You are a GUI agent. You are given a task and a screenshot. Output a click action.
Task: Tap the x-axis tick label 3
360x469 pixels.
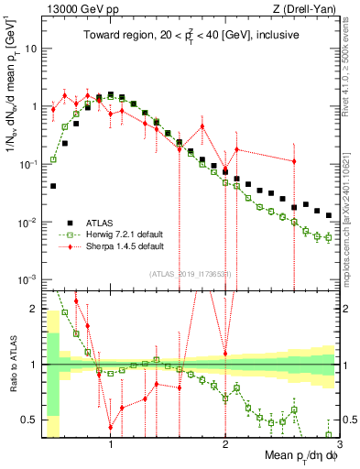point(339,444)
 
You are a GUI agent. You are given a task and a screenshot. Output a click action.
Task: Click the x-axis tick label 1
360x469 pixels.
point(111,444)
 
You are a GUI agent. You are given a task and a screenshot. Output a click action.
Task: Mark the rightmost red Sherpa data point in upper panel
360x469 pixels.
point(294,161)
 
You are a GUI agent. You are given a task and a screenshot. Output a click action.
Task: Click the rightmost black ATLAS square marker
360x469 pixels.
point(329,215)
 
